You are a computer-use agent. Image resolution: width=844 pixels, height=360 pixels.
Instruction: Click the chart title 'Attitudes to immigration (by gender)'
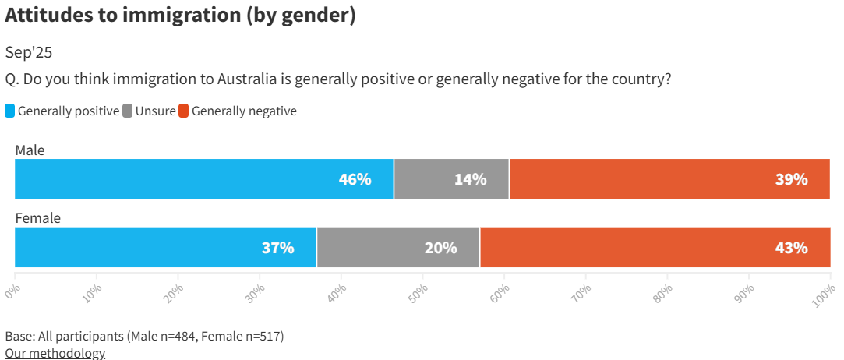(x=180, y=16)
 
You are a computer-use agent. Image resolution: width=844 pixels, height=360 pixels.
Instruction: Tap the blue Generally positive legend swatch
(x=10, y=111)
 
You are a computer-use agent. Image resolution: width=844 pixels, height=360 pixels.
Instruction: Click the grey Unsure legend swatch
(x=128, y=111)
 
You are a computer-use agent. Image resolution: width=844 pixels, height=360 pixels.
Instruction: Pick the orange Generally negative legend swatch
(x=184, y=111)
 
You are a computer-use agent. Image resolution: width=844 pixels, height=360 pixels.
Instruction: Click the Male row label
(x=30, y=150)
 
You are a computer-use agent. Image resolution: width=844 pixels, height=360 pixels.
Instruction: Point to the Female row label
(x=37, y=218)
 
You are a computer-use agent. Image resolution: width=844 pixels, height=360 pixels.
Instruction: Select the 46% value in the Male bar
(x=355, y=179)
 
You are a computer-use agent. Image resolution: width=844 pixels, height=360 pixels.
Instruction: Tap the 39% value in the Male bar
(x=791, y=179)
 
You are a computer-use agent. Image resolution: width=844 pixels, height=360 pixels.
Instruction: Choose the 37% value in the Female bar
(x=277, y=248)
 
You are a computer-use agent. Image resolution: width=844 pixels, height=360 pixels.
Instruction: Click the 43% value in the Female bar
(x=791, y=248)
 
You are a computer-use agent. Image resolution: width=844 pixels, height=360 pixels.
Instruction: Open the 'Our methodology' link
(x=55, y=353)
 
